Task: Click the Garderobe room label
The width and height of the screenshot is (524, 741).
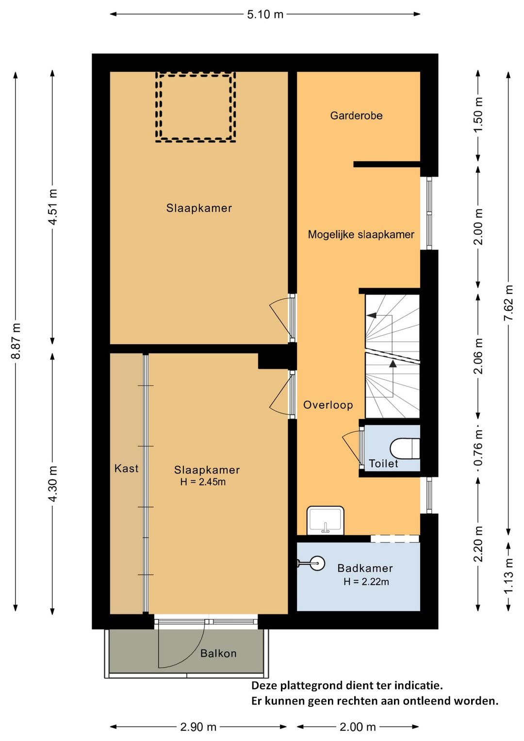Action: pyautogui.click(x=356, y=116)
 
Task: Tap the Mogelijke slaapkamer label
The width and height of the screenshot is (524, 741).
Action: pyautogui.click(x=360, y=235)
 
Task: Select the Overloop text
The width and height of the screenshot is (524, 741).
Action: pyautogui.click(x=328, y=405)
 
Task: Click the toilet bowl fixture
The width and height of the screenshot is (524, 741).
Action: pyautogui.click(x=405, y=449)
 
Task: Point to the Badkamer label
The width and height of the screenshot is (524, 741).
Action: pyautogui.click(x=365, y=568)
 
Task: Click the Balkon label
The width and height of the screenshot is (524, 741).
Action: pyautogui.click(x=218, y=653)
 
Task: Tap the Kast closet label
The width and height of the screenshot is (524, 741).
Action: pyautogui.click(x=126, y=468)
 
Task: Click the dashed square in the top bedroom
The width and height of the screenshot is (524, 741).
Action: pyautogui.click(x=196, y=107)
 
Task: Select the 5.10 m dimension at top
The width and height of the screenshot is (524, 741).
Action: pyautogui.click(x=265, y=14)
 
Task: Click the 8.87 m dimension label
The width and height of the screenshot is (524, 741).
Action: pyautogui.click(x=16, y=341)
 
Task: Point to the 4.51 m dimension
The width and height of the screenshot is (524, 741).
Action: pyautogui.click(x=52, y=207)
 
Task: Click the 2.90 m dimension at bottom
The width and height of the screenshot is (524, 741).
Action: pyautogui.click(x=198, y=727)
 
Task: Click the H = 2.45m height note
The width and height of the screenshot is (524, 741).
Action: pyautogui.click(x=203, y=482)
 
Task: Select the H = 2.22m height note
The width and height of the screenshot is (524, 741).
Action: pyautogui.click(x=366, y=582)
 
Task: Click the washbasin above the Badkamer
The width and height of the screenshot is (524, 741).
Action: pyautogui.click(x=325, y=520)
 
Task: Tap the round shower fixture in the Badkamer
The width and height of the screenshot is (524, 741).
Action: pyautogui.click(x=316, y=563)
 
